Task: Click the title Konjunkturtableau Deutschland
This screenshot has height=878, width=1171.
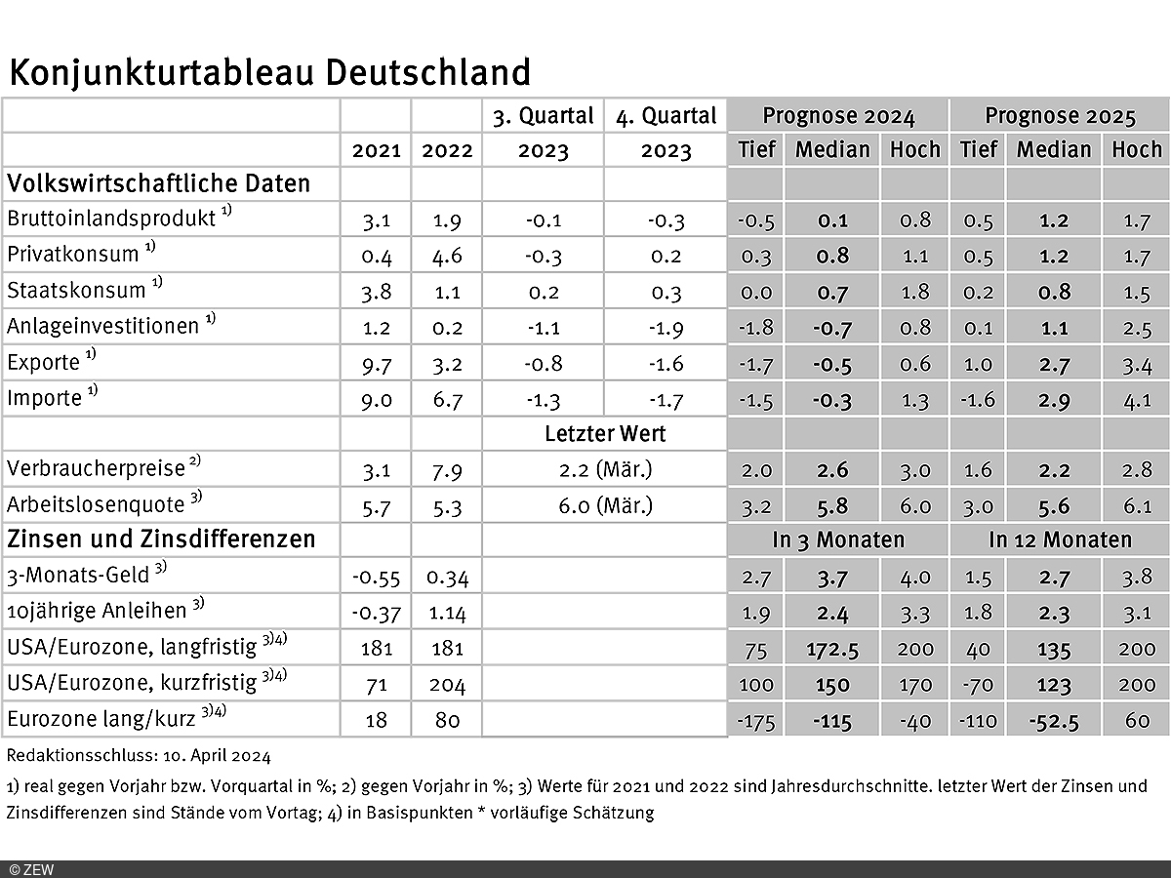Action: pos(270,73)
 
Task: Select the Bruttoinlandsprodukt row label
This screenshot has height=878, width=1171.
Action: pos(112,219)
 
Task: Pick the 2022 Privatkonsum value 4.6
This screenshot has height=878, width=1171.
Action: pos(446,256)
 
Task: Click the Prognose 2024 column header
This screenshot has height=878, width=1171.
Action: pos(838,117)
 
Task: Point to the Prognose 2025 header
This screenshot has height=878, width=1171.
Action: pos(1060,117)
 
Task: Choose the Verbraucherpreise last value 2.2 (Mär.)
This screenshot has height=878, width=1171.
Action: pos(605,470)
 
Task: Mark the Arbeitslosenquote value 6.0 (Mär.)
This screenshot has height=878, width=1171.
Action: pos(605,506)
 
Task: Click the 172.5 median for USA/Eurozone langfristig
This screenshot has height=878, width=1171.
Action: pos(832,649)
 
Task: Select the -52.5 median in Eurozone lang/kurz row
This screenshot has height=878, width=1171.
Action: pos(1054,722)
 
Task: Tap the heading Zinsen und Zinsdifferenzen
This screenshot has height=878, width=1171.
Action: pos(161,539)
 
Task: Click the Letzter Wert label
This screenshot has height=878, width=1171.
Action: pos(605,434)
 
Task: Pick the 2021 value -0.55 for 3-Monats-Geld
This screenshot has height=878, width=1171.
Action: pos(376,578)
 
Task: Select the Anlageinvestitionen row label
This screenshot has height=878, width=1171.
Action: pos(103,327)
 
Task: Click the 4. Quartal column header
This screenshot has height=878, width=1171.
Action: pos(666,117)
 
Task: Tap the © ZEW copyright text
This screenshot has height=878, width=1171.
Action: pos(31,870)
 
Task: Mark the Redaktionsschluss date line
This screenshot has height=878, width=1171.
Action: pos(139,755)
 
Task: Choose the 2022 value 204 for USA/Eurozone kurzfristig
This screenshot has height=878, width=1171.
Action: pos(446,685)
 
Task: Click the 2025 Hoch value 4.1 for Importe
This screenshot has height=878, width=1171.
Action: pos(1137,400)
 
